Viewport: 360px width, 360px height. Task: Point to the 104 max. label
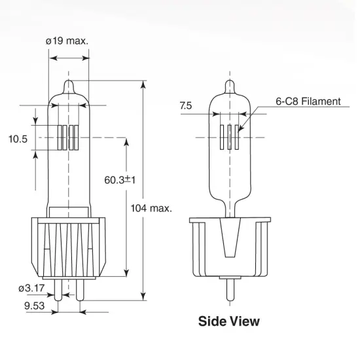pos(151,208)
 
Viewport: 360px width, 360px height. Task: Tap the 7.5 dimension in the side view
pos(186,106)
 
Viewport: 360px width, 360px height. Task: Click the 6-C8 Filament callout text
pos(308,101)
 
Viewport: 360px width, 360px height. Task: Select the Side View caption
pos(228,321)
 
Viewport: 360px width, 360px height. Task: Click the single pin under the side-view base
pos(228,289)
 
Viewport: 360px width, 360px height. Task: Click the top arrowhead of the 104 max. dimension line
pos(143,84)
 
